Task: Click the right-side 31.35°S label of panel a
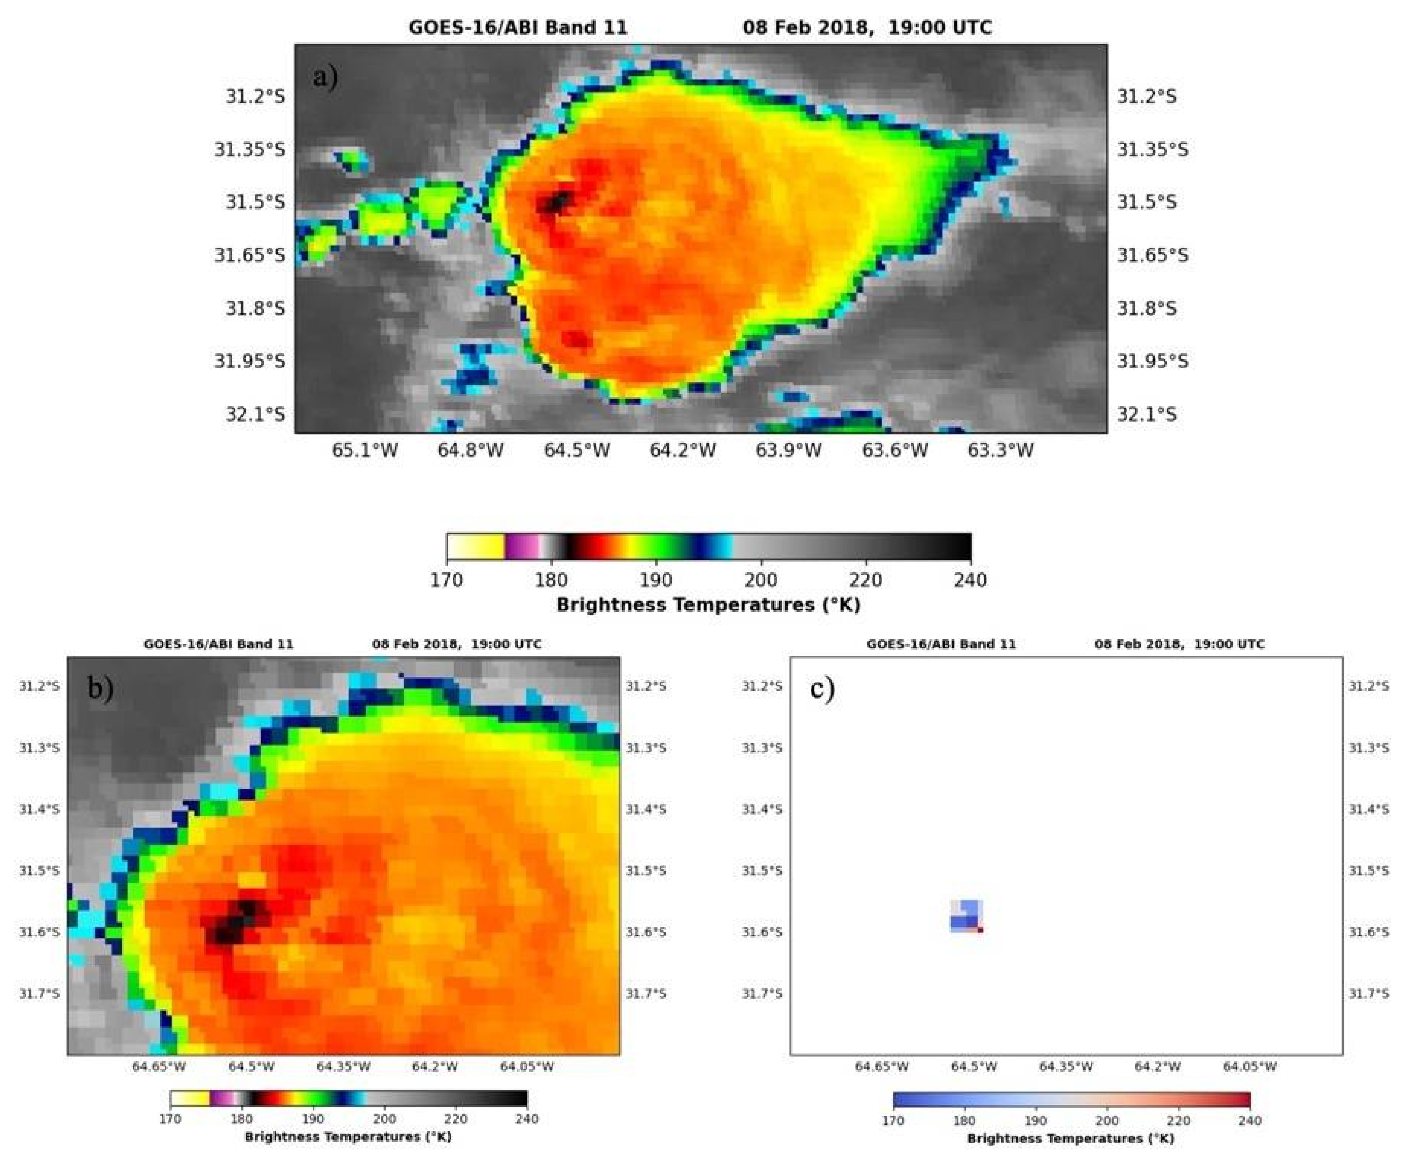pyautogui.click(x=1152, y=149)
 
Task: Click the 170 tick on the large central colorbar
pyautogui.click(x=447, y=580)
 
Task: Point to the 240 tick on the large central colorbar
pyautogui.click(x=970, y=580)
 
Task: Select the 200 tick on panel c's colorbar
pyautogui.click(x=1107, y=1120)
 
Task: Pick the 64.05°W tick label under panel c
pyautogui.click(x=1249, y=1066)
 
